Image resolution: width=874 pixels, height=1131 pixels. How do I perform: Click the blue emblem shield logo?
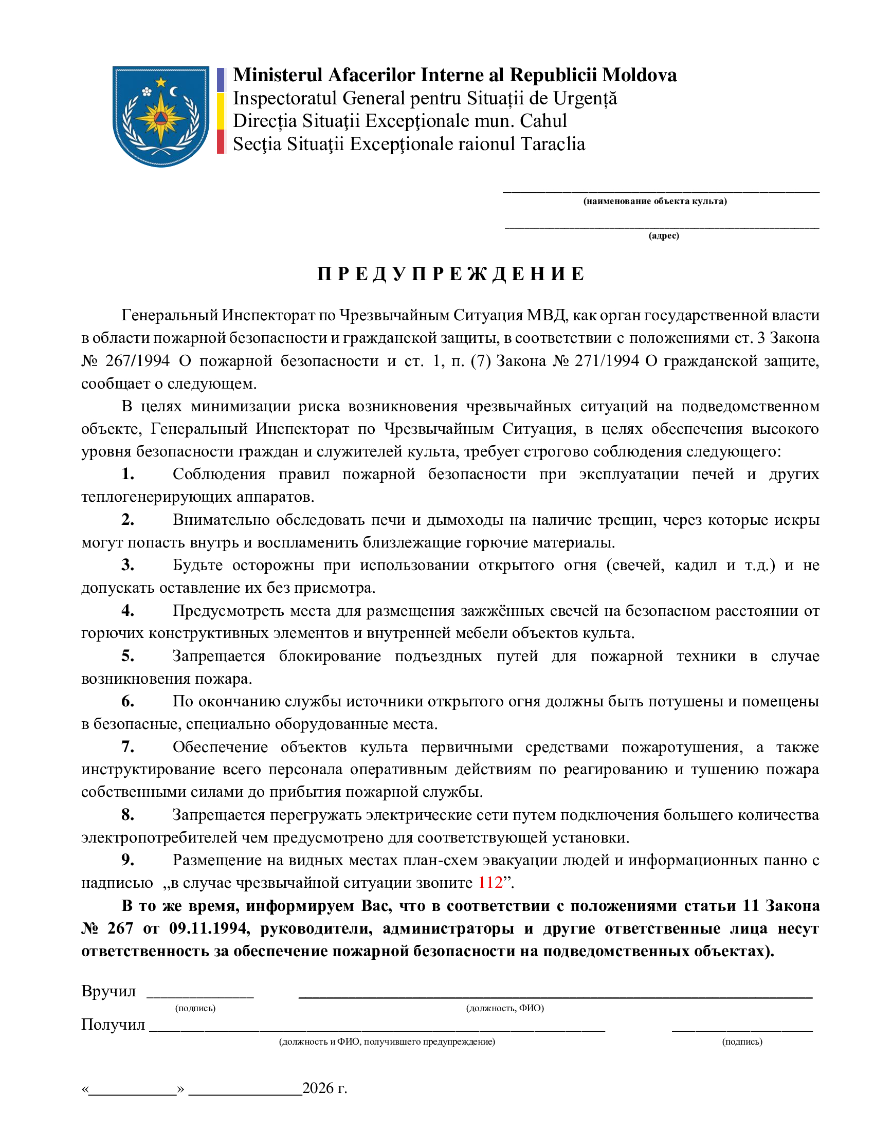pyautogui.click(x=161, y=116)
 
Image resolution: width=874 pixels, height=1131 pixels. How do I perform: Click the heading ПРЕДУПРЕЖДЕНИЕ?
pyautogui.click(x=450, y=274)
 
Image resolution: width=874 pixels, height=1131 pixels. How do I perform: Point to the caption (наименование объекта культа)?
pyautogui.click(x=654, y=201)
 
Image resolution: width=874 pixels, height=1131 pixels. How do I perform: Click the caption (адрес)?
pyautogui.click(x=663, y=235)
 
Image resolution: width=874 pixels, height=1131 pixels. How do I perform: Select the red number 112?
pyautogui.click(x=490, y=882)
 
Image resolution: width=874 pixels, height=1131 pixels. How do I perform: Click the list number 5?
pyautogui.click(x=128, y=655)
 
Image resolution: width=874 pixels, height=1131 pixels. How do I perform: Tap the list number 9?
pyautogui.click(x=128, y=860)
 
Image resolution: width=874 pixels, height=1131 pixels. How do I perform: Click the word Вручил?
pyautogui.click(x=108, y=991)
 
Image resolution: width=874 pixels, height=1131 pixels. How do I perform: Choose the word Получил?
pyautogui.click(x=113, y=1024)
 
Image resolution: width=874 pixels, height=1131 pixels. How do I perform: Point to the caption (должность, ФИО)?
pyautogui.click(x=505, y=1008)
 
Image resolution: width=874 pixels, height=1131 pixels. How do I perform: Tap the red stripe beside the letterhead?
pyautogui.click(x=221, y=142)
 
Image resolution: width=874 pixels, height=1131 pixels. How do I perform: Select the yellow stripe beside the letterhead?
pyautogui.click(x=221, y=111)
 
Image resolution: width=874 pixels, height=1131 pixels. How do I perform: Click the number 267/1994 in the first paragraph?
pyautogui.click(x=137, y=360)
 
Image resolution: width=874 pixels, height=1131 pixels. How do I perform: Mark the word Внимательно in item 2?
pyautogui.click(x=219, y=519)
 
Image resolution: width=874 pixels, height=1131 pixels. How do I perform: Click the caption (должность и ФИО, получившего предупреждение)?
pyautogui.click(x=387, y=1042)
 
